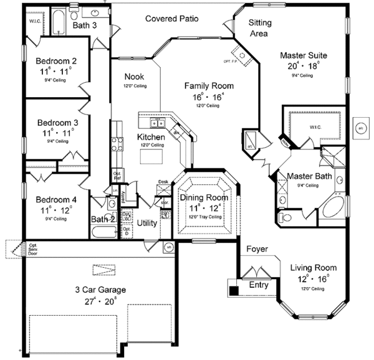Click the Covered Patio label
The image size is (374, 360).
pos(172,19)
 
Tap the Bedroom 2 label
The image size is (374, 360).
pos(56,61)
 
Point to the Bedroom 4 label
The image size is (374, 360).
pos(56,199)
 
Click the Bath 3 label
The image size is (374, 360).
pos(84,26)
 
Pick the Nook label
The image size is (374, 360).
pos(135,77)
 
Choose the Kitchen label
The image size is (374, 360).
pos(151,136)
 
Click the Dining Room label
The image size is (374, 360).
pos(204,197)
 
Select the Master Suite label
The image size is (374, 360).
pos(304,55)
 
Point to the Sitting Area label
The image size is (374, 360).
pos(260,27)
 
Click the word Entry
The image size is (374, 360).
pos(259,285)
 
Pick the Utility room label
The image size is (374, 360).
pos(147,222)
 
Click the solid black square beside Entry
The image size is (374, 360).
pos(234,290)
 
